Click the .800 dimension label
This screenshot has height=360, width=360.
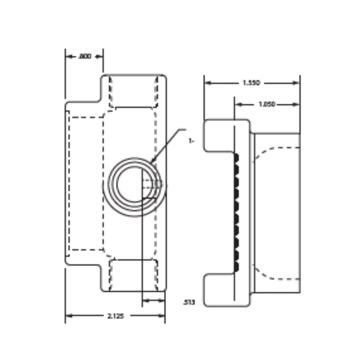click(x=85, y=56)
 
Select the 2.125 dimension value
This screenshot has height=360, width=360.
click(x=115, y=316)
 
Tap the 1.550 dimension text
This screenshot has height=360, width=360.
click(x=251, y=83)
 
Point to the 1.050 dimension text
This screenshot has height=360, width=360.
click(x=267, y=104)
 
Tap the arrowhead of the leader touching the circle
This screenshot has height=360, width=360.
click(x=152, y=161)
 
